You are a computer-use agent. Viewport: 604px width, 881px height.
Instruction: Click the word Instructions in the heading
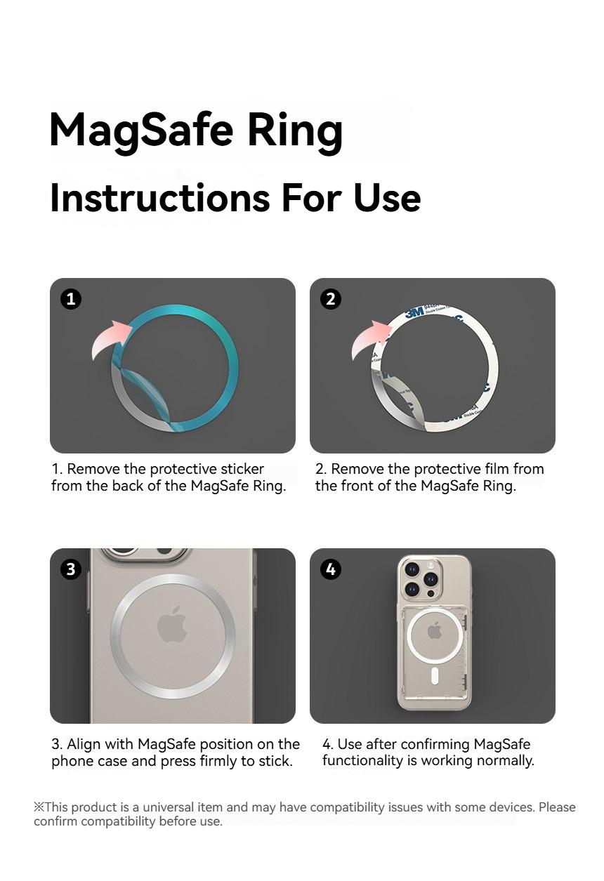(x=160, y=198)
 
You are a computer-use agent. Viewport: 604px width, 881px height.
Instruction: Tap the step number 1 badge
(x=71, y=299)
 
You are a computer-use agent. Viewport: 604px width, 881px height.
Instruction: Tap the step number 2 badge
(x=331, y=299)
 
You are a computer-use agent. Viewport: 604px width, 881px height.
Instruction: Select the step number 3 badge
(x=71, y=569)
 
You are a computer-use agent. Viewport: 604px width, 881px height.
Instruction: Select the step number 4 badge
(x=331, y=569)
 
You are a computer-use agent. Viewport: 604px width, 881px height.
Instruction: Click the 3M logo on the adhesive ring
(x=415, y=312)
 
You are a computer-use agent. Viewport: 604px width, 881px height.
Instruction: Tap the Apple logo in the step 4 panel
(x=435, y=630)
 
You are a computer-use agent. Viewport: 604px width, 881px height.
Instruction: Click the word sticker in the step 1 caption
(x=242, y=469)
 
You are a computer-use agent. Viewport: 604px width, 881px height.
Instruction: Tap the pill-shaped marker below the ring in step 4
(x=435, y=675)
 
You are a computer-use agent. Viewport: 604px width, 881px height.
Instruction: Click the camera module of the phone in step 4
(x=419, y=581)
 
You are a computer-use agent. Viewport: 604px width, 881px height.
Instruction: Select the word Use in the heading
(x=387, y=198)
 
